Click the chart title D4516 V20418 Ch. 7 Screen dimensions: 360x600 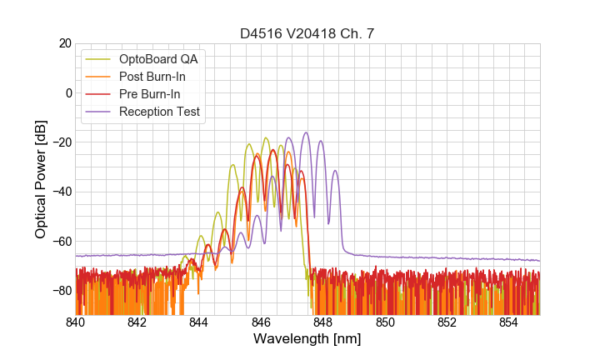click(307, 33)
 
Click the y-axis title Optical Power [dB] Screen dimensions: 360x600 click(41, 179)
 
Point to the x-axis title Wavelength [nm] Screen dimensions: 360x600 click(307, 340)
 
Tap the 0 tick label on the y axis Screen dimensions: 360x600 click(68, 92)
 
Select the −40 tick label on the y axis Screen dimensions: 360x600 click(61, 192)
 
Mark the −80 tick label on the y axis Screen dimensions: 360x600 click(61, 290)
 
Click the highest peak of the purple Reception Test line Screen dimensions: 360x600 click(306, 132)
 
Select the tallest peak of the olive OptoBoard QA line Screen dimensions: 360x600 click(266, 137)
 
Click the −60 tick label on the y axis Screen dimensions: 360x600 click(61, 241)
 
